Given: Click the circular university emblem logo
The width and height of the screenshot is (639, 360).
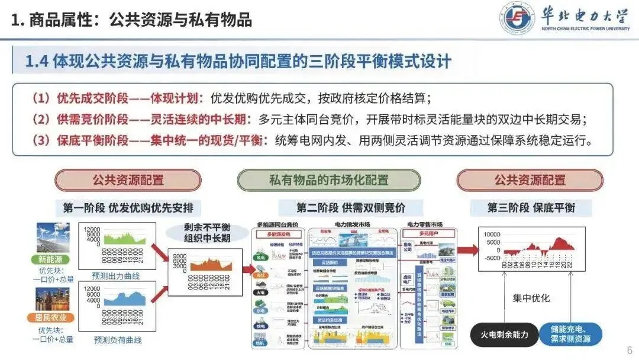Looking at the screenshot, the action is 517,19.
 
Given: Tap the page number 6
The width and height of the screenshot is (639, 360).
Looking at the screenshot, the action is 629,349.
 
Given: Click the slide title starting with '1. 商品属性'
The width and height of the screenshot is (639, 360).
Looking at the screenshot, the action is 132,20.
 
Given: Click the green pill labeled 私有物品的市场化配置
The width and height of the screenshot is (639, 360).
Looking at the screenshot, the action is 329,180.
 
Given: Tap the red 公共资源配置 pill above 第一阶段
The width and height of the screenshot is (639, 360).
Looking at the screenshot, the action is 128,180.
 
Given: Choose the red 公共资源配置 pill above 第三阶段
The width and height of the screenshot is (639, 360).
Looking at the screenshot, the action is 530,180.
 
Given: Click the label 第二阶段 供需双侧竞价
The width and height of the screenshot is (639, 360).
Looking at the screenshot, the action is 351,208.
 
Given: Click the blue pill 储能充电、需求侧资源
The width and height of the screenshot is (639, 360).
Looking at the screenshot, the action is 566,334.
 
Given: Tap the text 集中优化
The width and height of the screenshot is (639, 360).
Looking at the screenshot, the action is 531,298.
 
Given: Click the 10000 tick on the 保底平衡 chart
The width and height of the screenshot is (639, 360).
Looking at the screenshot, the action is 490,234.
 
